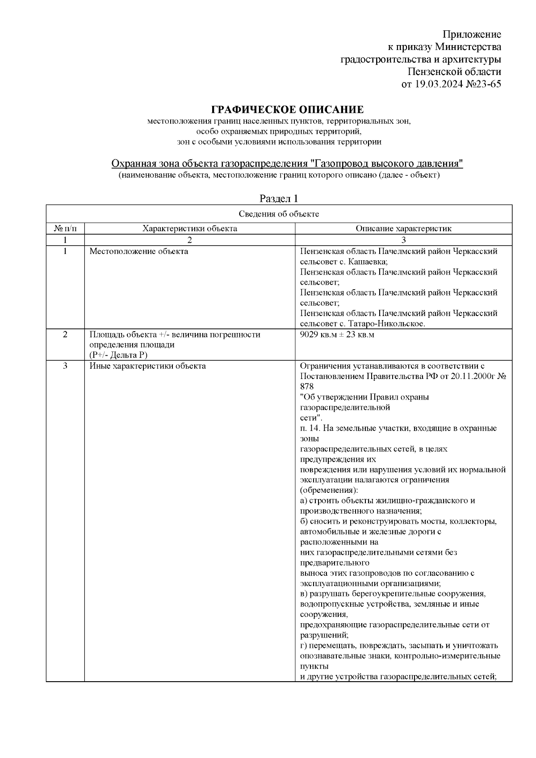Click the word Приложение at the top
click(x=472, y=35)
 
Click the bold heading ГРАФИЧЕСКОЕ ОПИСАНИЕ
click(x=287, y=110)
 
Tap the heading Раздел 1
click(x=279, y=199)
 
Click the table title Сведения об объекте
click(x=279, y=214)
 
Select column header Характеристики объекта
click(x=189, y=229)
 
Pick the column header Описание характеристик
click(x=403, y=229)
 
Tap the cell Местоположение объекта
click(x=139, y=251)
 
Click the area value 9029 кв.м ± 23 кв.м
click(x=337, y=334)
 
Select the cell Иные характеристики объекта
click(x=147, y=366)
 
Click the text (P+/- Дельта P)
click(x=118, y=355)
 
